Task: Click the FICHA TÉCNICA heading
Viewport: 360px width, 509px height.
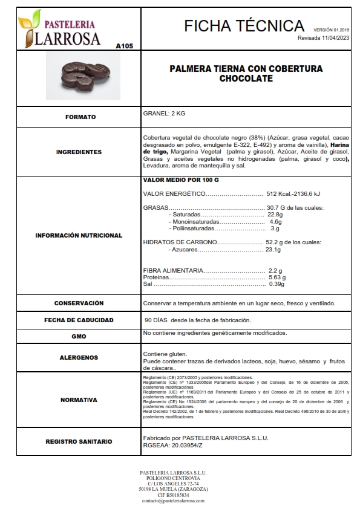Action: [244, 25]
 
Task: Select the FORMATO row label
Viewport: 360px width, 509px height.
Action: [80, 117]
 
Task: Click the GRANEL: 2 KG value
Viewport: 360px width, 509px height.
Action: [165, 113]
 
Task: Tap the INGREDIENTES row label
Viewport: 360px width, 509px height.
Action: [79, 152]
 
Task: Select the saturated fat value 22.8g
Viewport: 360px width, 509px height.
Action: [275, 215]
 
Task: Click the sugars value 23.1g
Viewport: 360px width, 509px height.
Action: [273, 249]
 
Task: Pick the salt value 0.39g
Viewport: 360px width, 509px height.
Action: [277, 284]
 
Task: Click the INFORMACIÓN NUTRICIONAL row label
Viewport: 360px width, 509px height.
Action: [79, 235]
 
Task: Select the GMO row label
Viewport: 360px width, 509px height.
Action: [79, 336]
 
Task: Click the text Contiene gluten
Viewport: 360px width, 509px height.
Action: [165, 354]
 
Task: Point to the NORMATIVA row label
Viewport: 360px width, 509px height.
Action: [79, 400]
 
